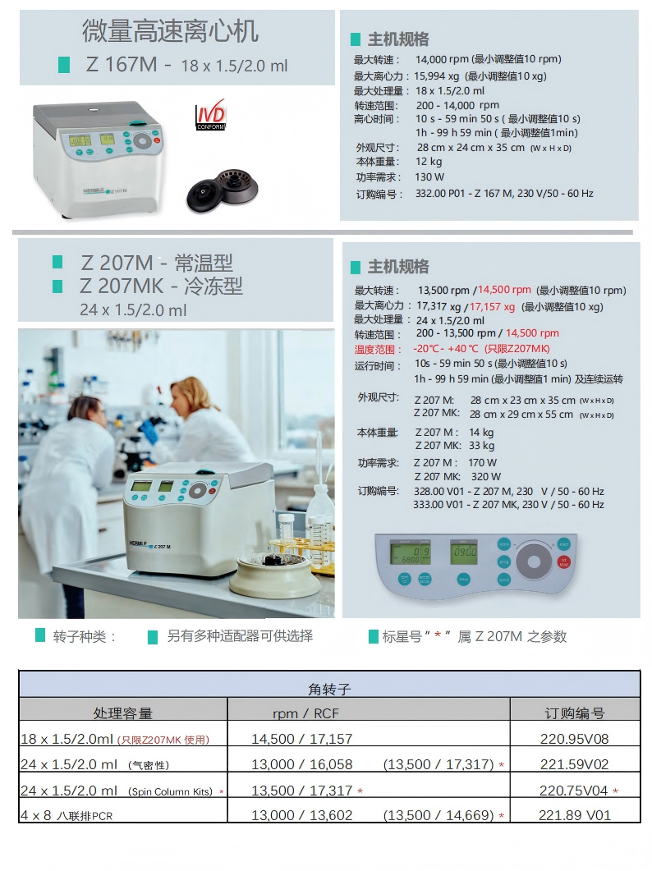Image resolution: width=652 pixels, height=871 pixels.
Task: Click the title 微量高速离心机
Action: [x=170, y=32]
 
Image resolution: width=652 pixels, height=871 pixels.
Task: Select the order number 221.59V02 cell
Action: [x=574, y=764]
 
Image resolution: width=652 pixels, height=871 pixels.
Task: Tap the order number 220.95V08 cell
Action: [x=574, y=739]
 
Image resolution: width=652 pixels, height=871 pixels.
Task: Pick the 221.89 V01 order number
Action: [x=575, y=815]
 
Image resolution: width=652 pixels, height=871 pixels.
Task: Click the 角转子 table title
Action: [x=328, y=689]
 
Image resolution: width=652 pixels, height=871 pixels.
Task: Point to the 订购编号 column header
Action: [x=574, y=713]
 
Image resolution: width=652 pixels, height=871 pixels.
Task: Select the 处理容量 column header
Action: [x=123, y=713]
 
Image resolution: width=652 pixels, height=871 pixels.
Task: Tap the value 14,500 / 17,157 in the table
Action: [x=301, y=739]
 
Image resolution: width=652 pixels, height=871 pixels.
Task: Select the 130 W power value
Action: [x=429, y=177]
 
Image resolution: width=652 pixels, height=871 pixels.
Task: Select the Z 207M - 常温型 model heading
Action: [x=156, y=263]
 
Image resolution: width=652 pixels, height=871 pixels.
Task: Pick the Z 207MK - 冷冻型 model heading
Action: [x=161, y=286]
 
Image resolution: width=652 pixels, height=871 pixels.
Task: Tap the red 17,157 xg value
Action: [x=492, y=306]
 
